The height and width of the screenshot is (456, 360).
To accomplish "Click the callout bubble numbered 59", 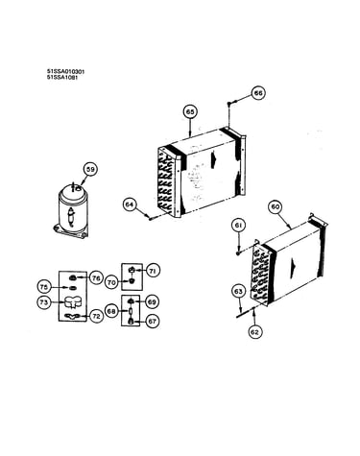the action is coord(91,170).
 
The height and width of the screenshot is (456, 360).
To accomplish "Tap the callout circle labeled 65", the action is coord(190,112).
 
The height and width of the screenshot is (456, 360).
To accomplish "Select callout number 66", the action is coord(258,93).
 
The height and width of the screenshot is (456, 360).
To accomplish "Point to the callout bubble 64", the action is coord(130,204).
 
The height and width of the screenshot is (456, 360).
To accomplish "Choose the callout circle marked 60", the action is coord(276,206).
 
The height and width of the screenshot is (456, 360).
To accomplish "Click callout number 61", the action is coord(238,226).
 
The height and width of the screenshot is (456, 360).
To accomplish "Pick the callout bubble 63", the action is coord(238,291).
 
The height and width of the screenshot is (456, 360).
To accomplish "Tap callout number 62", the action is coord(254,332).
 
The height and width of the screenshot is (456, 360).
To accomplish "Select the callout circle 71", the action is coord(153,271).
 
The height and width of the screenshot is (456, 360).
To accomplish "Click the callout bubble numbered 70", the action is coord(111,282).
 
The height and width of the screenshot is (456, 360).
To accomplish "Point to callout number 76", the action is coord(96,278).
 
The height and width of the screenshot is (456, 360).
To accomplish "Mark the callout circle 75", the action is coord(44,287).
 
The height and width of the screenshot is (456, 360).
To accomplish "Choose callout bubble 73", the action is coord(44,302).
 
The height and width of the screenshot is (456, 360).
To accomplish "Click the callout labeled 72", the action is coord(96,316).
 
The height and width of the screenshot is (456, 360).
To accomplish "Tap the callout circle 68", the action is coord(111,311).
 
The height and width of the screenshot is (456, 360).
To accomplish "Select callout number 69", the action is coord(152,301).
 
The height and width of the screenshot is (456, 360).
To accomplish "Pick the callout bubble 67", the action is coord(152,321).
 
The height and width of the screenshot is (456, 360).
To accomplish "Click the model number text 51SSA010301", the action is coord(65,71).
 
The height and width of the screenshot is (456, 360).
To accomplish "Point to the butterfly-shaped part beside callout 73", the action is coord(72,302).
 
